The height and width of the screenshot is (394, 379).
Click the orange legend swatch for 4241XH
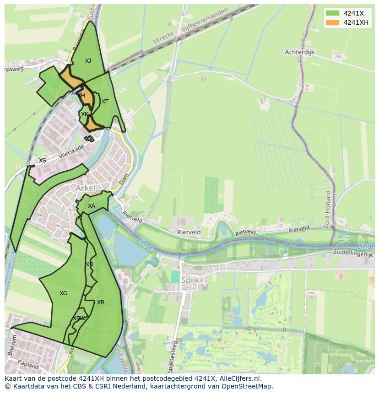[333, 23]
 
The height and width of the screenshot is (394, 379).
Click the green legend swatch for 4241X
[333, 14]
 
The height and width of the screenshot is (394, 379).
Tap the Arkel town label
[86, 188]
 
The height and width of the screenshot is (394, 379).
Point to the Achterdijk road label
[300, 52]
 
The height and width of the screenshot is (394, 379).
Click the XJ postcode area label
[88, 60]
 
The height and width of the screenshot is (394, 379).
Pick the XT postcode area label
[105, 102]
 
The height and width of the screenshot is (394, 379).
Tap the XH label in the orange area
[81, 96]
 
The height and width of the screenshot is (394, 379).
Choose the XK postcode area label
[84, 114]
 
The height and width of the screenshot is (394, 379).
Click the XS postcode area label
[43, 161]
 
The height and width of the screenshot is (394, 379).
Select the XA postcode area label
[92, 206]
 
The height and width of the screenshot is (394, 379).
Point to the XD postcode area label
[89, 264]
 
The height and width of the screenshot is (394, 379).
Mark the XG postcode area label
[63, 293]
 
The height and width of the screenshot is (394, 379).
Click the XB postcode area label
[101, 302]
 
